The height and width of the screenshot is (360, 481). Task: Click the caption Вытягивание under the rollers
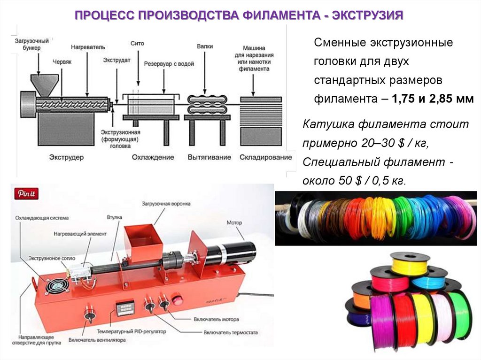coord(209,157)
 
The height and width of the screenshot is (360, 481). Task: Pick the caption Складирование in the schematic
coord(265,157)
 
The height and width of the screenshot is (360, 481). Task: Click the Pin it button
coord(26,193)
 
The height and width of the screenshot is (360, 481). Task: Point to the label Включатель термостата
coord(230,332)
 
